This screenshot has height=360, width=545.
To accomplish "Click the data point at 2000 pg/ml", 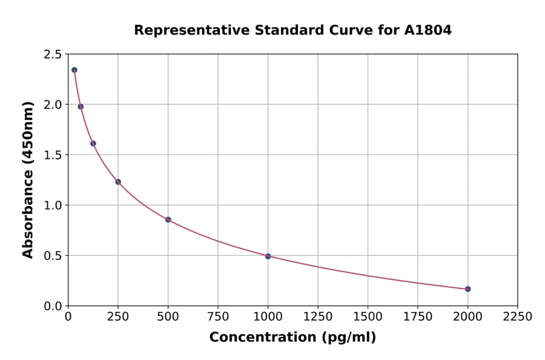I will [x=468, y=289].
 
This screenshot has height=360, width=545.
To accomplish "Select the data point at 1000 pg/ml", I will [x=268, y=256].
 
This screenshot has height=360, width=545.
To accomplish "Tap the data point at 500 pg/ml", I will [x=168, y=219].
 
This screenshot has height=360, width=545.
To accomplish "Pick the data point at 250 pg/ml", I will [x=118, y=182].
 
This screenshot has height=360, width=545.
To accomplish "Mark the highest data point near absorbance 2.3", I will [x=74, y=70].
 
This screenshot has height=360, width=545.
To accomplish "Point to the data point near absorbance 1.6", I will [x=93, y=144].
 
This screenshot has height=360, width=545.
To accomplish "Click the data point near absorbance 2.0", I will [x=81, y=107].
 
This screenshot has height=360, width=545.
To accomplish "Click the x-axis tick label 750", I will [x=218, y=316].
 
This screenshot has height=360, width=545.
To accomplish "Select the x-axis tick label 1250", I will [x=318, y=316].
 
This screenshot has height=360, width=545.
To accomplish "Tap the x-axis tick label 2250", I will [x=518, y=316].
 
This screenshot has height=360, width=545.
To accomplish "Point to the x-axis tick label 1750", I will [x=418, y=316].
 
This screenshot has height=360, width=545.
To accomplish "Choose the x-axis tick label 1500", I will [x=368, y=316].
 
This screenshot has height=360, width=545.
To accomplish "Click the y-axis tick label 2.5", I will [x=52, y=55].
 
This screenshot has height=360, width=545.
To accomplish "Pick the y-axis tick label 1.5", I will [x=52, y=155].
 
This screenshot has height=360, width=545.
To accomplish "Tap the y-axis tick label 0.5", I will [x=52, y=256].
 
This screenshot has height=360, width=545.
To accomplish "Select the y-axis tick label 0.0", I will [x=52, y=306].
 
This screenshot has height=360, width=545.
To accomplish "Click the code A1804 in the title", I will [x=428, y=30].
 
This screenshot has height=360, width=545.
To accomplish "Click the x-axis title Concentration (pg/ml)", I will [x=292, y=338].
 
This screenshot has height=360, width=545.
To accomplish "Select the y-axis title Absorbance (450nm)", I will [x=28, y=179].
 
